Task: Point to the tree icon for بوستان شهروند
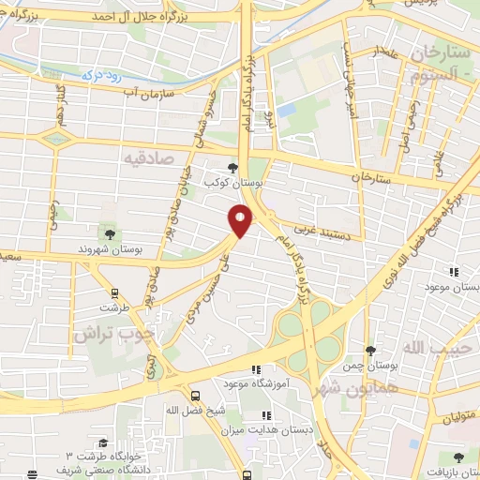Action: [110, 232]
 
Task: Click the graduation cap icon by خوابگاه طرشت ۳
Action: [102, 444]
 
